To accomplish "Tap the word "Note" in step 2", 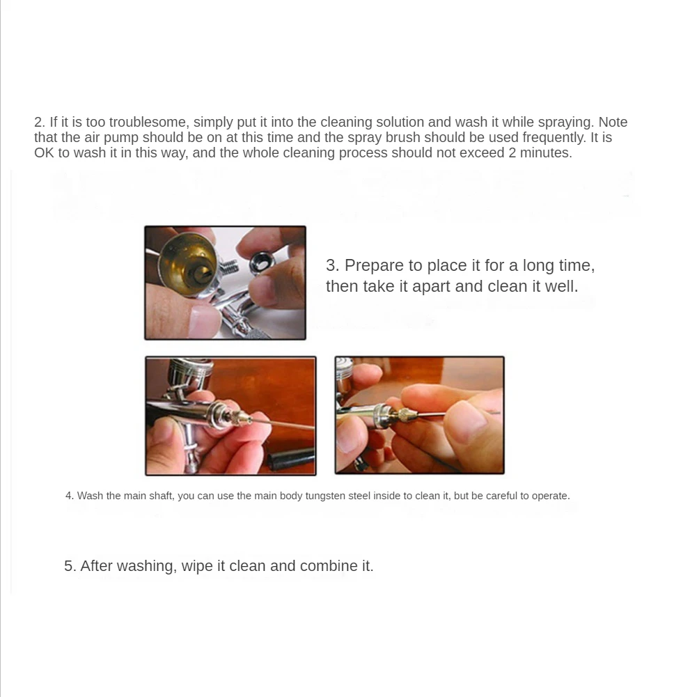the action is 613,123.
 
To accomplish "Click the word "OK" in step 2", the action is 44,153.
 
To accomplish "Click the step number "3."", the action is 333,265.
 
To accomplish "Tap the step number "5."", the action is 70,566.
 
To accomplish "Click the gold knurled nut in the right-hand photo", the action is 406,415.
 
